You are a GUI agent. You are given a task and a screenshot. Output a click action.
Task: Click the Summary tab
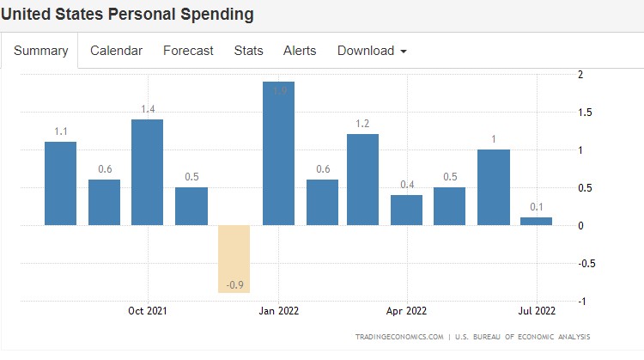[40, 51]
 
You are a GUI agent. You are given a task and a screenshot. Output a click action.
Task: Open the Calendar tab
[116, 51]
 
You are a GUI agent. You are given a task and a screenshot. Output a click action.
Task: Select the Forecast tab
[188, 51]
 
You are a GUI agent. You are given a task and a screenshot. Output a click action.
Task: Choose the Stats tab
[248, 51]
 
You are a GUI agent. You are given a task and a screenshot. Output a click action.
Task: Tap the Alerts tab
[300, 51]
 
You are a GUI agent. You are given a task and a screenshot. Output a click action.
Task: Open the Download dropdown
[372, 51]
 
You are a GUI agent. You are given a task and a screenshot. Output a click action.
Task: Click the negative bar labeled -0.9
[234, 259]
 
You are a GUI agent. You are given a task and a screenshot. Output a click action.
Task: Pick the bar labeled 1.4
[147, 172]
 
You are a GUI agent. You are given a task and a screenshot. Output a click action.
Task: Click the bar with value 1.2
[362, 180]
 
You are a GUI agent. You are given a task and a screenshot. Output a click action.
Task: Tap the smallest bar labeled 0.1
[536, 221]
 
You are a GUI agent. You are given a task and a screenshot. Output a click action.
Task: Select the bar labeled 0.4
[406, 210]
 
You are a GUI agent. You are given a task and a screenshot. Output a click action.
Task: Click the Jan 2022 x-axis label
[278, 311]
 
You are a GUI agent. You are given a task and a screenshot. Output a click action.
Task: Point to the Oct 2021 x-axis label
[147, 311]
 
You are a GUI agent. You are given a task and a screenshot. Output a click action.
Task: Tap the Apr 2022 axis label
[406, 311]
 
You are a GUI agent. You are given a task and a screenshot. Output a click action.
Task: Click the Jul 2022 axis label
[536, 311]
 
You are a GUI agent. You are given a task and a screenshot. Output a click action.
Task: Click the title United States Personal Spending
[128, 15]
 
